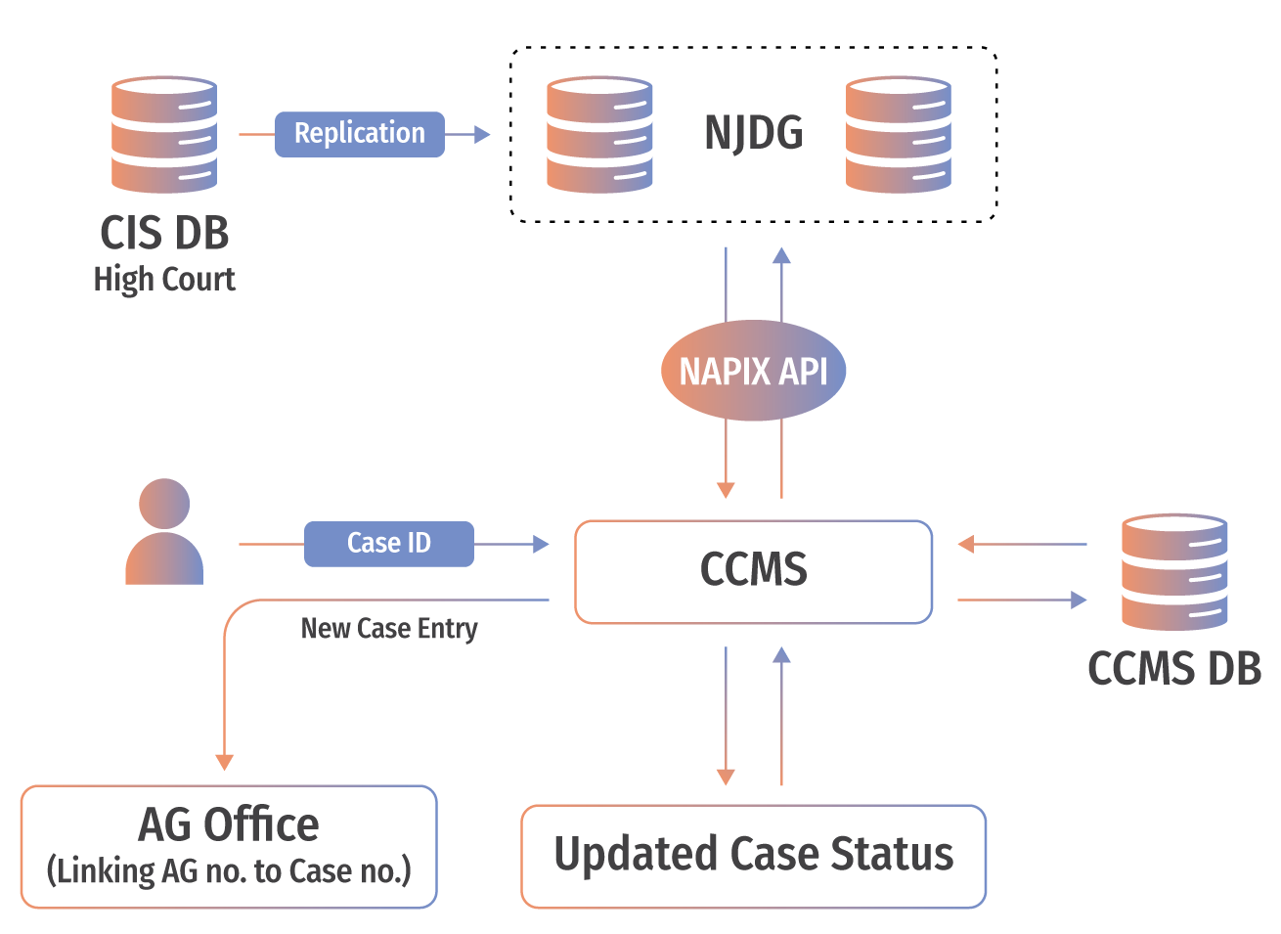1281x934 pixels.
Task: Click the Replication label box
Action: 359,134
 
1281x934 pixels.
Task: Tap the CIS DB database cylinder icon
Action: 164,135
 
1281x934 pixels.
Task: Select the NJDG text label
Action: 753,134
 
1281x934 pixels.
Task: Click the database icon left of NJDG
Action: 599,135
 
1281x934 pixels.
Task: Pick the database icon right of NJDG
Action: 898,135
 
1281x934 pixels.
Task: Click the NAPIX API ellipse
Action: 753,372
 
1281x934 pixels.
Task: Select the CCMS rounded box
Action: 753,571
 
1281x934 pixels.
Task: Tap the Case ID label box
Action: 388,544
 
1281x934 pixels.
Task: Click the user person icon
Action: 164,532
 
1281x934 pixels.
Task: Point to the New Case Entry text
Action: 389,629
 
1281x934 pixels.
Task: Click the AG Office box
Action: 229,846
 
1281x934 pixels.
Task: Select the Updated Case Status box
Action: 753,856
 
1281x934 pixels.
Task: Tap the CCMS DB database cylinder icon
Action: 1173,572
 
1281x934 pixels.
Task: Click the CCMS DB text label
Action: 1173,670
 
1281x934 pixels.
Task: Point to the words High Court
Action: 164,281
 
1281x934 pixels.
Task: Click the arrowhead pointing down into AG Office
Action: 225,762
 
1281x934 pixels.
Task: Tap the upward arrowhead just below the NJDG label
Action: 781,256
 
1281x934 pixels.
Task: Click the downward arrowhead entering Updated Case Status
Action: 726,777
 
